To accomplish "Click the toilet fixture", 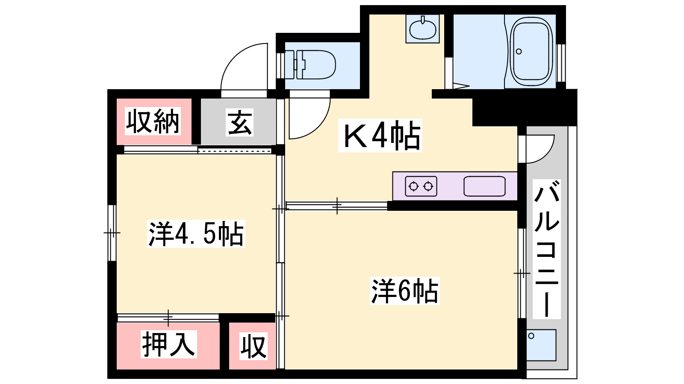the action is (x=310, y=64).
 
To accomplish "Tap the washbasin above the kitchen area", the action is (x=423, y=29).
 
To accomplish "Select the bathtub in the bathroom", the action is (x=533, y=52).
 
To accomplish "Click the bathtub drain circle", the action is (x=519, y=52).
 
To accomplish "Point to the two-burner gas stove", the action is (x=421, y=186).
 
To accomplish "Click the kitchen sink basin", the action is (x=484, y=186).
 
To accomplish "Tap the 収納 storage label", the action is (x=153, y=121).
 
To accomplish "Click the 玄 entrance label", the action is (x=240, y=122).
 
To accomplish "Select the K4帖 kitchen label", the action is (x=380, y=135).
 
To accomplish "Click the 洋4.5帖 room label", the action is (x=196, y=233).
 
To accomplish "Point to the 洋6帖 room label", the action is (x=404, y=291).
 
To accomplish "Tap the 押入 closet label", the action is (x=168, y=344).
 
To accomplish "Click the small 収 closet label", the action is (x=254, y=346).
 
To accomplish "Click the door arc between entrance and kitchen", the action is (x=320, y=125).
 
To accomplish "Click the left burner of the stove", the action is (x=413, y=186).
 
